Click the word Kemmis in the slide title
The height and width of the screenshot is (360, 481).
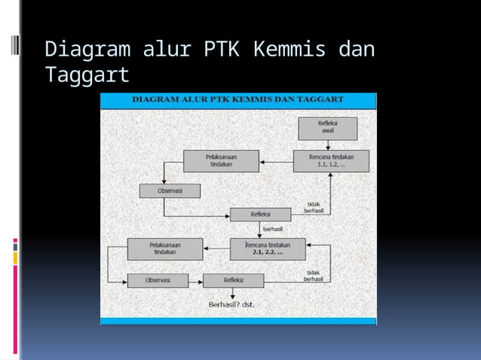coord(290,50)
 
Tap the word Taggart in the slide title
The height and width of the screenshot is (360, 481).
coord(87,75)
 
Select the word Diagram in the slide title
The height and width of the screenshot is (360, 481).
coord(87,50)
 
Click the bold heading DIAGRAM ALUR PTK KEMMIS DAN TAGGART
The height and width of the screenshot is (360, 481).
coord(238,99)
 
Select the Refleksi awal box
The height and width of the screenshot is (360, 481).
coord(327,128)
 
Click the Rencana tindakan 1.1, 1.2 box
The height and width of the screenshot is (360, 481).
coord(331,160)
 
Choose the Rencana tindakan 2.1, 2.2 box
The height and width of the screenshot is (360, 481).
coord(268,249)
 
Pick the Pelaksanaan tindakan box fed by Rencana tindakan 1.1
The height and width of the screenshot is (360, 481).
coord(221,160)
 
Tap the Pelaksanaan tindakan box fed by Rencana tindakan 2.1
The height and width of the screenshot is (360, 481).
coord(164,249)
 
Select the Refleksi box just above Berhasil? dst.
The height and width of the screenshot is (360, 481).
coord(233,280)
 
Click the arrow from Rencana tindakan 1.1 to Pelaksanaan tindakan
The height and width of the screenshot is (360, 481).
coord(276,160)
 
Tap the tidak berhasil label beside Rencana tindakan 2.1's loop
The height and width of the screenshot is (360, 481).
coord(314,276)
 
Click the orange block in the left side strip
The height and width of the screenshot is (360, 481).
coord(14,258)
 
